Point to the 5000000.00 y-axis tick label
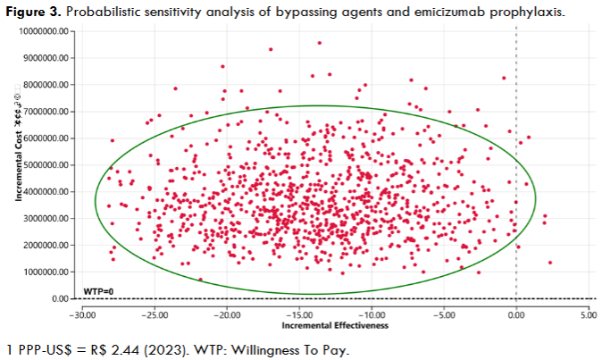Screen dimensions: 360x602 pos(44,164)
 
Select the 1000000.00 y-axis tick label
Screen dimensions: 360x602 pos(44,272)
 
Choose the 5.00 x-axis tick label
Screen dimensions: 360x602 pos(588,314)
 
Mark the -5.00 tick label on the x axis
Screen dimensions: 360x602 pos(444,314)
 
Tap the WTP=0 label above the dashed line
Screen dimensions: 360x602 pos(96,291)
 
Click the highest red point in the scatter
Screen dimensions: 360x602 pos(319,43)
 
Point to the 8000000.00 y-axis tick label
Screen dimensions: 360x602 pos(44,84)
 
